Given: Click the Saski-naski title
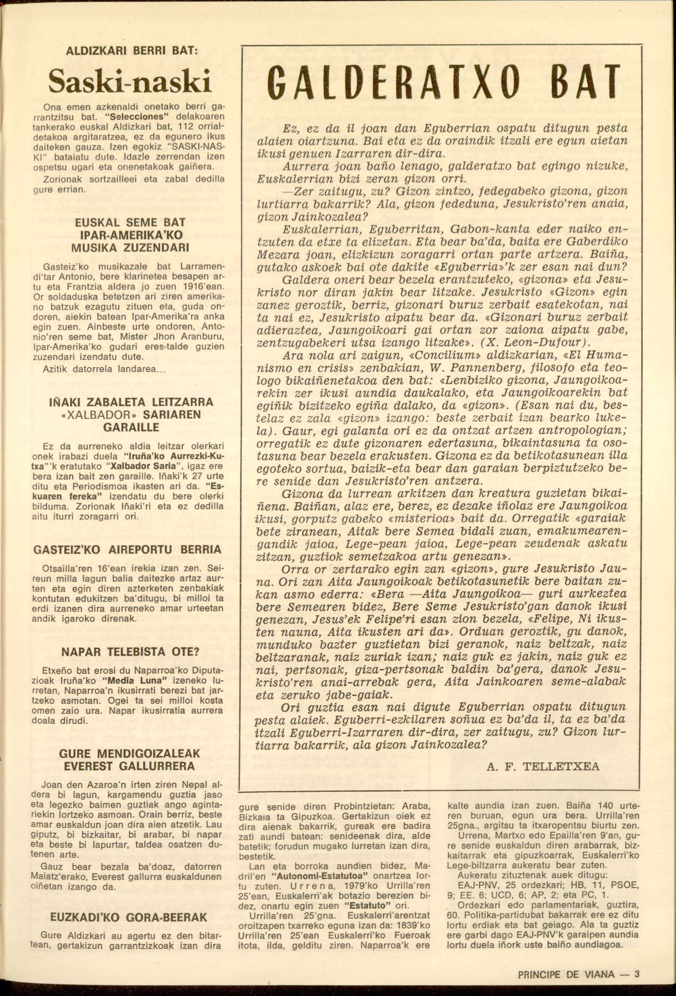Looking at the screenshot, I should pyautogui.click(x=130, y=81).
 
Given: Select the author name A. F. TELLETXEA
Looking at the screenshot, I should pyautogui.click(x=543, y=766).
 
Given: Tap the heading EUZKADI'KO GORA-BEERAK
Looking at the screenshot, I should pyautogui.click(x=129, y=917).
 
